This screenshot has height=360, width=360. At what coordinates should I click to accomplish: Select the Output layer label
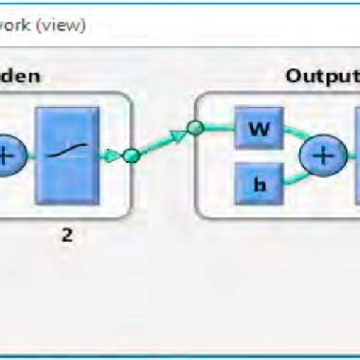pos(322,75)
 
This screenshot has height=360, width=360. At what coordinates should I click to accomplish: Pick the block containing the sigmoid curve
pos(67,154)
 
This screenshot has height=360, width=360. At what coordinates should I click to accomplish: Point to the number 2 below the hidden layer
pos(67,235)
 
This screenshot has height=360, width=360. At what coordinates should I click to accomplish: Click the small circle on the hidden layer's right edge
pos(132,155)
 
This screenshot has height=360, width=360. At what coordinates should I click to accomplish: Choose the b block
pos(253,182)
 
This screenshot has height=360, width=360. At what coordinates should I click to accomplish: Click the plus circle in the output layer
pos(321,155)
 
